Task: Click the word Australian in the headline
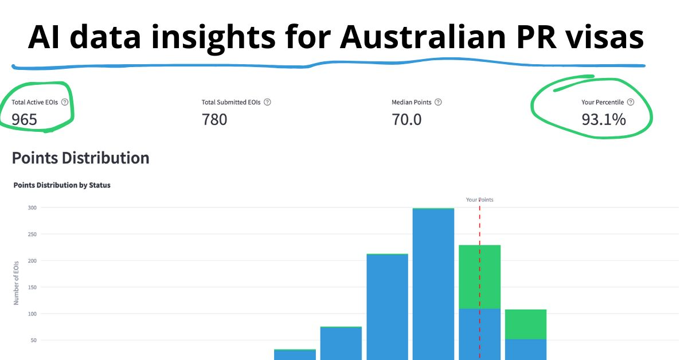click(x=411, y=38)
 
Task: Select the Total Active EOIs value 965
click(x=24, y=119)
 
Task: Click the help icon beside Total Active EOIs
click(x=65, y=102)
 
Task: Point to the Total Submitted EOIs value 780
click(x=214, y=119)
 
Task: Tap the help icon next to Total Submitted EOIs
click(x=267, y=102)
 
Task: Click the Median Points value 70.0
click(x=406, y=119)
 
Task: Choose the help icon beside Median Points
click(x=438, y=102)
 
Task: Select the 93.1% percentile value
click(x=603, y=119)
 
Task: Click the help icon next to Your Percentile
click(x=631, y=102)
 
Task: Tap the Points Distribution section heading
click(x=80, y=158)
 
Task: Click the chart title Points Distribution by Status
click(x=62, y=185)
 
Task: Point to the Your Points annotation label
click(x=479, y=199)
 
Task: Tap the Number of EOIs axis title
click(x=17, y=281)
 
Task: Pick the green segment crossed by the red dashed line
click(x=479, y=276)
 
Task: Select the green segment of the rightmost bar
click(x=525, y=324)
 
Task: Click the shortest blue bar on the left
click(x=295, y=355)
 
